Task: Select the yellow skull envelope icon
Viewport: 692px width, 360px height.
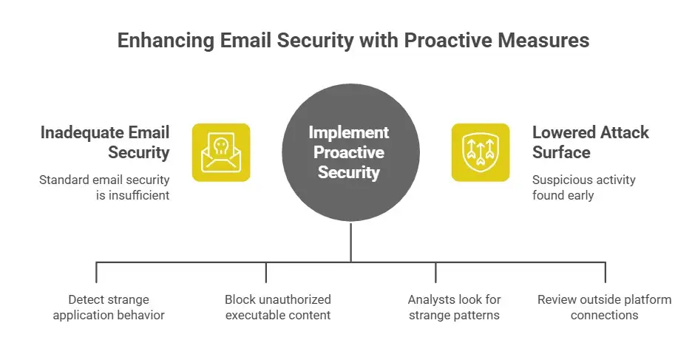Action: [221, 152]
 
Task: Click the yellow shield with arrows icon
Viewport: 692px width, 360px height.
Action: [481, 152]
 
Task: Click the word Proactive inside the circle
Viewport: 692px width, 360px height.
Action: [348, 153]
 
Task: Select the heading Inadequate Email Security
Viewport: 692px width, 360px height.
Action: [105, 143]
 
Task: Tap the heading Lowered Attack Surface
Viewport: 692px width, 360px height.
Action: [590, 143]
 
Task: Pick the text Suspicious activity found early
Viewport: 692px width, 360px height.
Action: [583, 187]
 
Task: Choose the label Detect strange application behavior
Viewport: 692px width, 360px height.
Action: [109, 308]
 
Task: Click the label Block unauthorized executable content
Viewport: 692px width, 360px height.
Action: [277, 308]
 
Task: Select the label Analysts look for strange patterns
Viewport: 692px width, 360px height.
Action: [454, 308]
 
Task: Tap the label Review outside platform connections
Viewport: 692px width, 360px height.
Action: [604, 308]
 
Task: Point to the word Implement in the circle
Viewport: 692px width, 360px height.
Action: [348, 133]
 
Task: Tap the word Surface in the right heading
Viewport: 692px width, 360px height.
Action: [560, 153]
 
